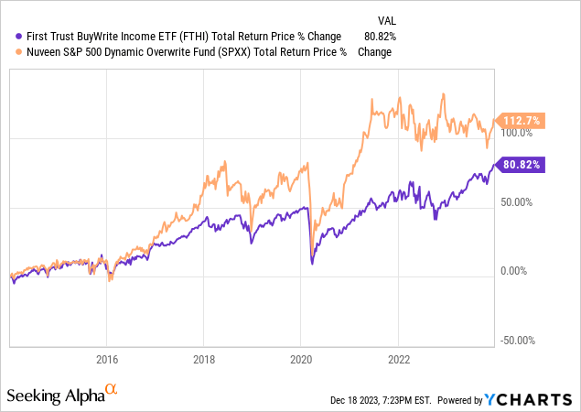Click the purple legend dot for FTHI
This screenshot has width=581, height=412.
tap(9, 36)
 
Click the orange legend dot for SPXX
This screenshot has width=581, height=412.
tap(9, 51)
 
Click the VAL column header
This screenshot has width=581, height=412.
tap(388, 19)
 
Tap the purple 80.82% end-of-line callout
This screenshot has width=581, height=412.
tap(521, 165)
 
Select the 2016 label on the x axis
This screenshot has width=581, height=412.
tap(108, 358)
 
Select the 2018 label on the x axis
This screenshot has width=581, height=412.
tap(205, 358)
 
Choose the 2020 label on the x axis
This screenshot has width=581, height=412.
tap(302, 358)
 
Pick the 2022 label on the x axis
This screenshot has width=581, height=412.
tap(399, 358)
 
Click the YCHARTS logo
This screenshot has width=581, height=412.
tap(539, 398)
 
